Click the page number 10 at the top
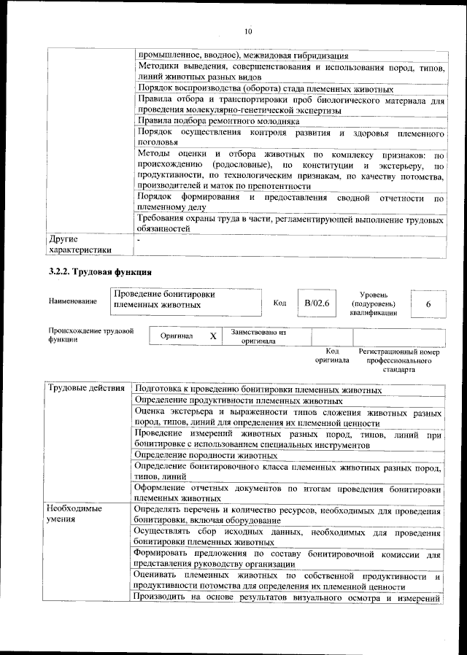[247, 32]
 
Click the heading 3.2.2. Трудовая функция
[99, 273]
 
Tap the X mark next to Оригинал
[213, 336]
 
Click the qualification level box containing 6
[428, 303]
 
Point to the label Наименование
[73, 301]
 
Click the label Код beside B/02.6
[279, 303]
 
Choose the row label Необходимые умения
[74, 513]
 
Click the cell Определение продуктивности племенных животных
[239, 400]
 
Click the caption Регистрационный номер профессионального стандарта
[399, 360]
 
